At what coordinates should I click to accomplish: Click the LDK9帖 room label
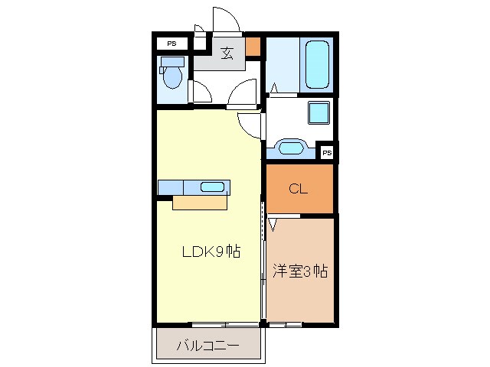point(211,252)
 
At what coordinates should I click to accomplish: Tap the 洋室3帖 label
point(300,271)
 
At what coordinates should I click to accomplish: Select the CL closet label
point(299,190)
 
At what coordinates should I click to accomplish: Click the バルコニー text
point(208,346)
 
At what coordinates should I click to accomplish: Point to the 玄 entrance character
point(227,54)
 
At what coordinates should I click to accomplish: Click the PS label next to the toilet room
point(171,44)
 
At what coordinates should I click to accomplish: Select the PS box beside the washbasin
point(327,153)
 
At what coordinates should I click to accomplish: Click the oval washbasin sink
point(291,147)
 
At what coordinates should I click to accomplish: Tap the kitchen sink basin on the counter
point(213,187)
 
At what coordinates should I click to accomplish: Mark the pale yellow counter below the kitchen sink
point(200,203)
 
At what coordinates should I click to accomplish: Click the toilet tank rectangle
point(173,62)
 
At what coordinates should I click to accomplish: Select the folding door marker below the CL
point(273,224)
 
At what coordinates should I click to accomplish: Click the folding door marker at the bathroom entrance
point(273,88)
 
